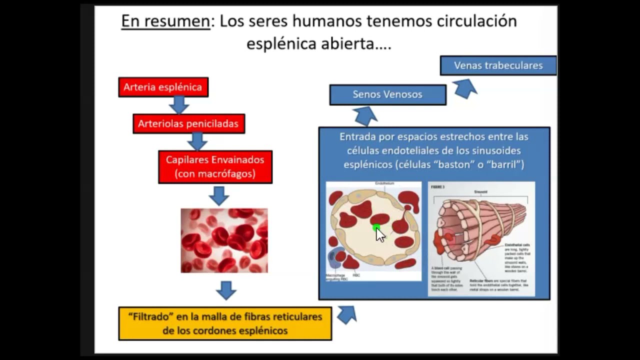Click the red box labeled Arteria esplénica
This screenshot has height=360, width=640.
coord(163,87)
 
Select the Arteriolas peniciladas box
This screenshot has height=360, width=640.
coord(188,123)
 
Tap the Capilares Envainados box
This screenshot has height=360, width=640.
coord(215,167)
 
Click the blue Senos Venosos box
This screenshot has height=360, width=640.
coord(387,94)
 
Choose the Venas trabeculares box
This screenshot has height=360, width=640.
coord(498,65)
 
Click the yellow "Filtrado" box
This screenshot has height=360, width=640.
coord(225,323)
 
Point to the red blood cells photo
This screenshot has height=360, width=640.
coord(224,240)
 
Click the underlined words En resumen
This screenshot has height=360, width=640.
coord(165,21)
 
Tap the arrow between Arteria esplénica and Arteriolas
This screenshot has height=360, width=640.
coord(178,105)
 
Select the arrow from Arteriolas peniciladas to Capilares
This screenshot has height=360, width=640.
coord(197,141)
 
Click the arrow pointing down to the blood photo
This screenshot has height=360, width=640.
coord(218,195)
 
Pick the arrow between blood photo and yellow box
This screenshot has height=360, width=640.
coord(226,290)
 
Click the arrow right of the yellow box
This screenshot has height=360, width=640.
coord(346,314)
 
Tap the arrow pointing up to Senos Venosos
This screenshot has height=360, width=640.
coord(365,116)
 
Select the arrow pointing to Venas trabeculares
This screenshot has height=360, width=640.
coord(465,88)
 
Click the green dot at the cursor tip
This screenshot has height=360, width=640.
coord(376,228)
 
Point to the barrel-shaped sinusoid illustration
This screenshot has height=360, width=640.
coord(481,238)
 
